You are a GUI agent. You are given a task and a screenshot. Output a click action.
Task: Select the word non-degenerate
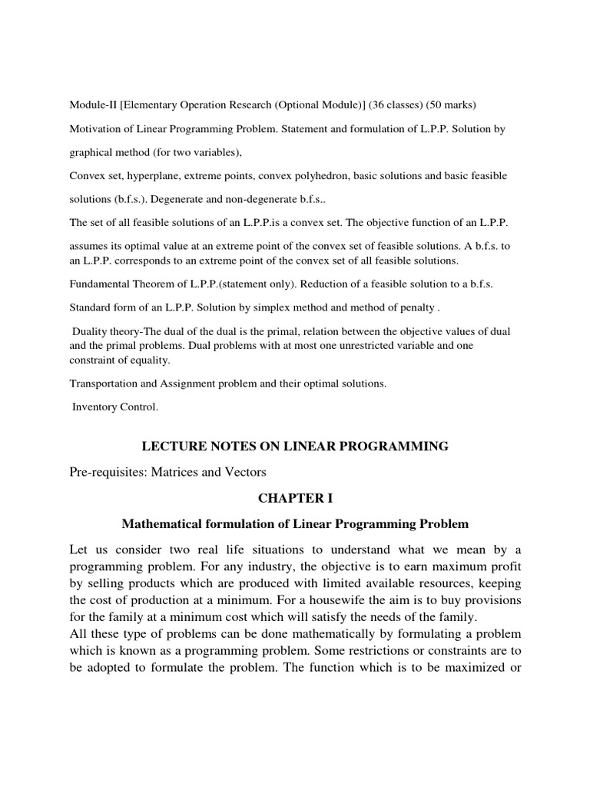[x=244, y=199]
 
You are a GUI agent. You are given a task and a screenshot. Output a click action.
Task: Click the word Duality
[x=91, y=331]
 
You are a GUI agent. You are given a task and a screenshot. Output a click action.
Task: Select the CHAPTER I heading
[x=295, y=498]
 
